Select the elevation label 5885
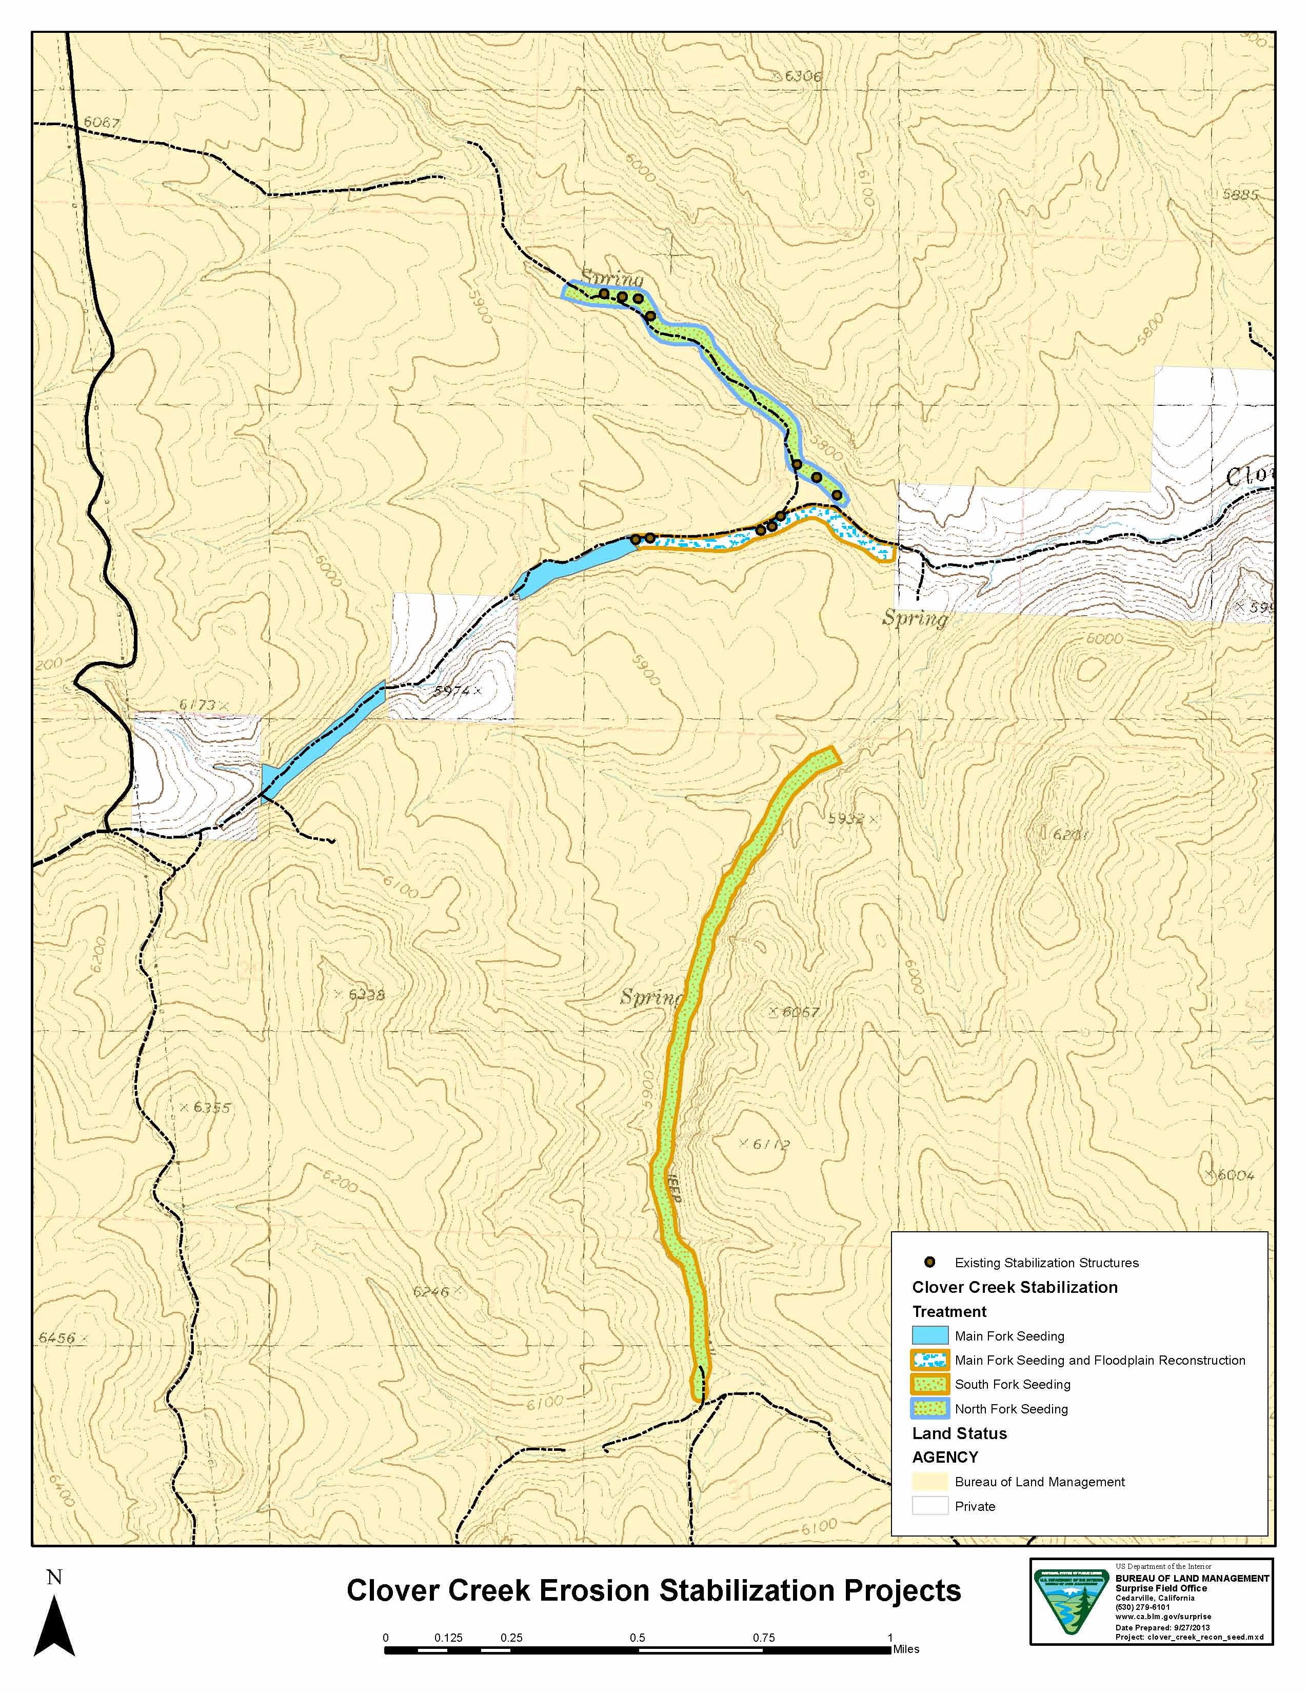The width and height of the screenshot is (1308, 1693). coord(1240,195)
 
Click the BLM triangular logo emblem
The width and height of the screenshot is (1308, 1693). coord(1072,1609)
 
